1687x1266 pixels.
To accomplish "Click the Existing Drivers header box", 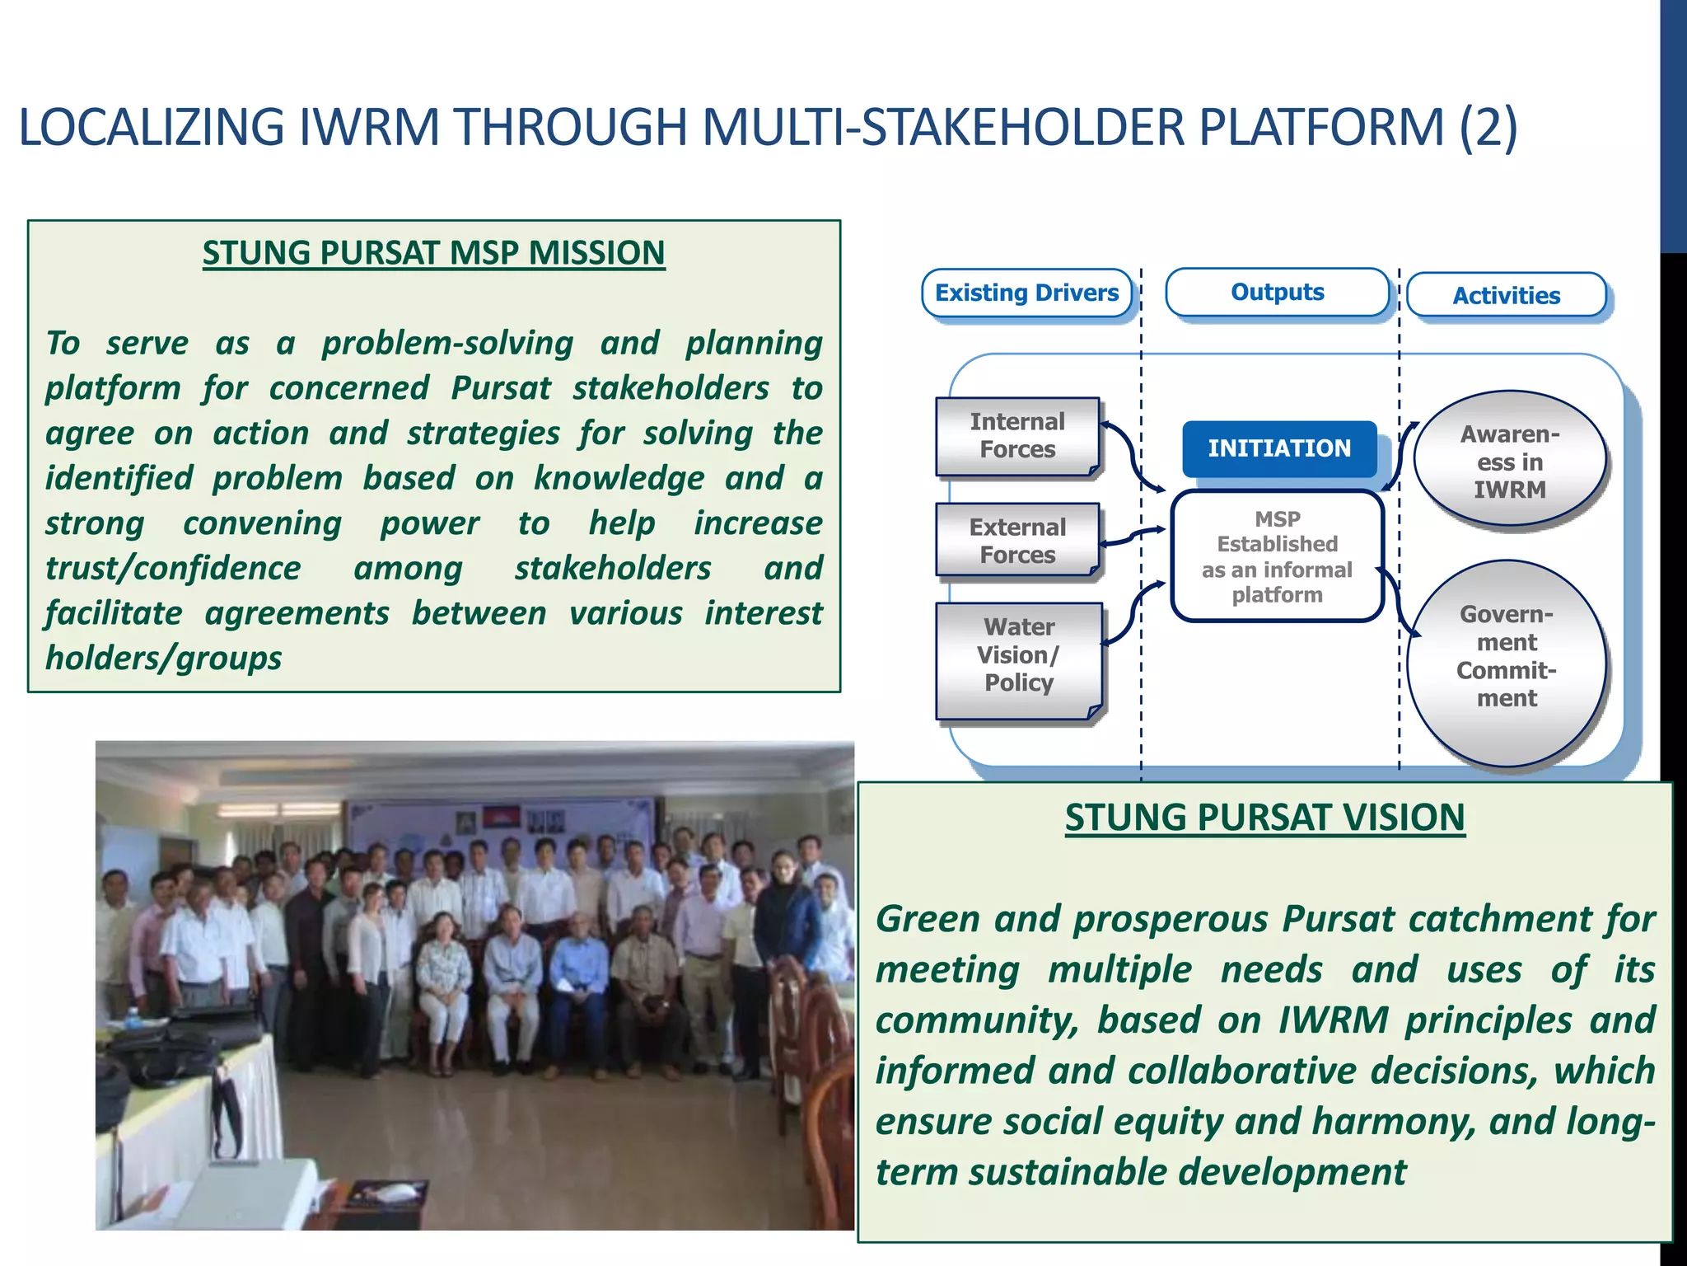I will coord(1026,293).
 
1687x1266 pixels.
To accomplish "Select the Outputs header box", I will coord(1277,293).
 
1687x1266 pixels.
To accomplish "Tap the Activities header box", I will coord(1506,296).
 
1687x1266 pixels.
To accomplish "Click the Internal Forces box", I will coord(1017,436).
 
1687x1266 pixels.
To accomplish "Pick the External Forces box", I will coord(1017,541).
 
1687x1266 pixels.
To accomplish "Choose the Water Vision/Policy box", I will coord(1019,656).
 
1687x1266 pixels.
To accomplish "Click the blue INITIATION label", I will coord(1279,448).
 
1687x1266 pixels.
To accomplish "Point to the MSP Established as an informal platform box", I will coord(1277,556).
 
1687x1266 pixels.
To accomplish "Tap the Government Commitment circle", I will coord(1506,657).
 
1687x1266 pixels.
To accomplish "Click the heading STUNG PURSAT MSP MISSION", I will coord(433,253).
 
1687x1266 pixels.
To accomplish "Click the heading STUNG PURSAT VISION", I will coord(1264,818).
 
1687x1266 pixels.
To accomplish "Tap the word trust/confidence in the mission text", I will coord(173,569).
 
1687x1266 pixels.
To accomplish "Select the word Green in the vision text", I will coord(928,919).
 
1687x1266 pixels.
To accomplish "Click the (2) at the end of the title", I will coord(1488,128).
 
